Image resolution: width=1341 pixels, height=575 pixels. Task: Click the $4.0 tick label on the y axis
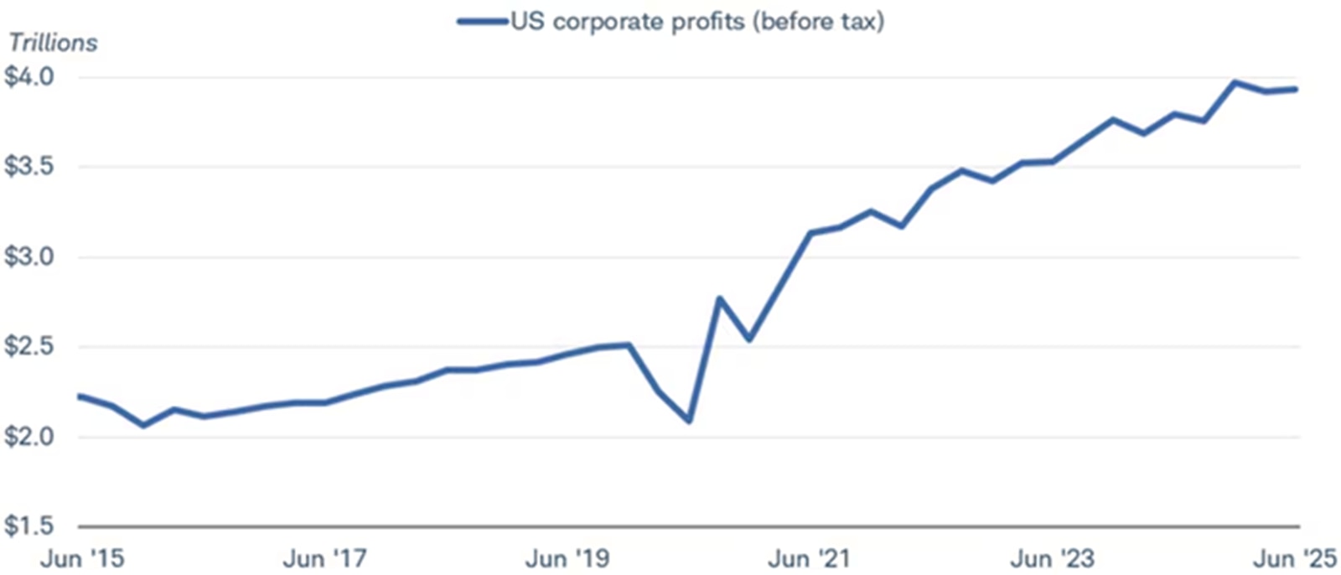(28, 77)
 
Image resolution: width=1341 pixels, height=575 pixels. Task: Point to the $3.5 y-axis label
(28, 167)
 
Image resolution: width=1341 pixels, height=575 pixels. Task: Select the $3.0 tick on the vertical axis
(28, 256)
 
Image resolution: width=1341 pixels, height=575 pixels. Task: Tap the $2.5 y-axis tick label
(28, 346)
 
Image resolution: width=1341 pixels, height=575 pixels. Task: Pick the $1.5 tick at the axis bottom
(28, 526)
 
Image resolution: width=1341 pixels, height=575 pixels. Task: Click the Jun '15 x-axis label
(82, 558)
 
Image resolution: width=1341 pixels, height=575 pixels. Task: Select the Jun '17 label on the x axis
(324, 558)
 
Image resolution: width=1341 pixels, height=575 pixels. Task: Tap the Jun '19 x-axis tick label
(567, 558)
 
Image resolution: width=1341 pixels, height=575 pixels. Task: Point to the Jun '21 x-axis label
(810, 558)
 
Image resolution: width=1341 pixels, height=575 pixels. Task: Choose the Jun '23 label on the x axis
(1052, 558)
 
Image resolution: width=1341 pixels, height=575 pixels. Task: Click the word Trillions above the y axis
(53, 43)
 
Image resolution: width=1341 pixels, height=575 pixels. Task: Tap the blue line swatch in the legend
(483, 22)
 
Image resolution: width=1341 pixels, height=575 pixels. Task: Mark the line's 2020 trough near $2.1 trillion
(689, 421)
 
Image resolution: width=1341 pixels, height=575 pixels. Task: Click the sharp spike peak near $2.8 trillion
(719, 298)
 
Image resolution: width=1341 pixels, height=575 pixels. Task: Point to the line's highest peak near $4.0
(1234, 82)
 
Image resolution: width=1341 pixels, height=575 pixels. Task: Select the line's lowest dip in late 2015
(143, 426)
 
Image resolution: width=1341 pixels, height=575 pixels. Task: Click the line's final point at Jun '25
(1297, 89)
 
